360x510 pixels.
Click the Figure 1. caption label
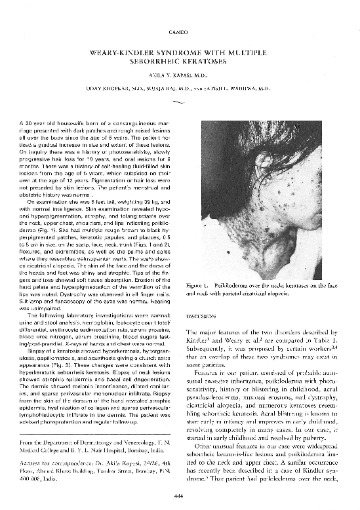(197, 286)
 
